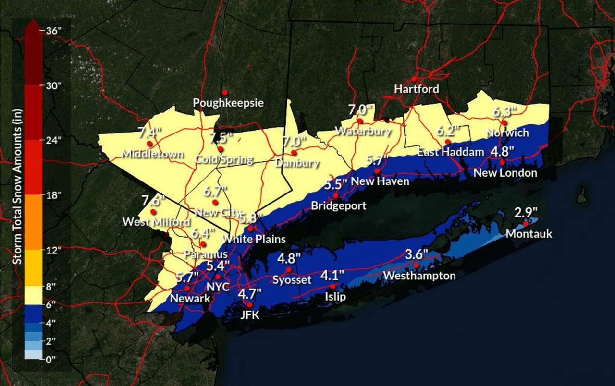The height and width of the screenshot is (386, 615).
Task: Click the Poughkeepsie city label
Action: (228, 103)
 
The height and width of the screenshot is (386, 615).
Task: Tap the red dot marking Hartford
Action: (414, 79)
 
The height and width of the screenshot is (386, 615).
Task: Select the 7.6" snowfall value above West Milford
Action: (153, 200)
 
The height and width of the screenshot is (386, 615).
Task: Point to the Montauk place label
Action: (529, 234)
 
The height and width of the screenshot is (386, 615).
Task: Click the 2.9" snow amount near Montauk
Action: (526, 212)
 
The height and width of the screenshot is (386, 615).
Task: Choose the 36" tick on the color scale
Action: (54, 31)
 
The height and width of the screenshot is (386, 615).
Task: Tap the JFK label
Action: (249, 315)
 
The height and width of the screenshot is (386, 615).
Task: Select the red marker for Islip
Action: (332, 286)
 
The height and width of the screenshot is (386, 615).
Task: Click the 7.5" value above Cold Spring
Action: (221, 138)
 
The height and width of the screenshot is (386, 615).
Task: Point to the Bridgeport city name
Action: (338, 206)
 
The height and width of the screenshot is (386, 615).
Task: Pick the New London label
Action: (505, 173)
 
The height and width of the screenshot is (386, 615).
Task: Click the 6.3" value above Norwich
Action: (504, 112)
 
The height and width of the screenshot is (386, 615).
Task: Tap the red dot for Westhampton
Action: (416, 265)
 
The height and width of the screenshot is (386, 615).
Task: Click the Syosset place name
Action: (292, 280)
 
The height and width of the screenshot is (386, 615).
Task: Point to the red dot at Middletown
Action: (149, 144)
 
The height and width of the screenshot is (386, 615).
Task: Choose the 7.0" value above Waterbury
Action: (361, 109)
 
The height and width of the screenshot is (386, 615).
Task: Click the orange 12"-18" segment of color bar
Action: (34, 222)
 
